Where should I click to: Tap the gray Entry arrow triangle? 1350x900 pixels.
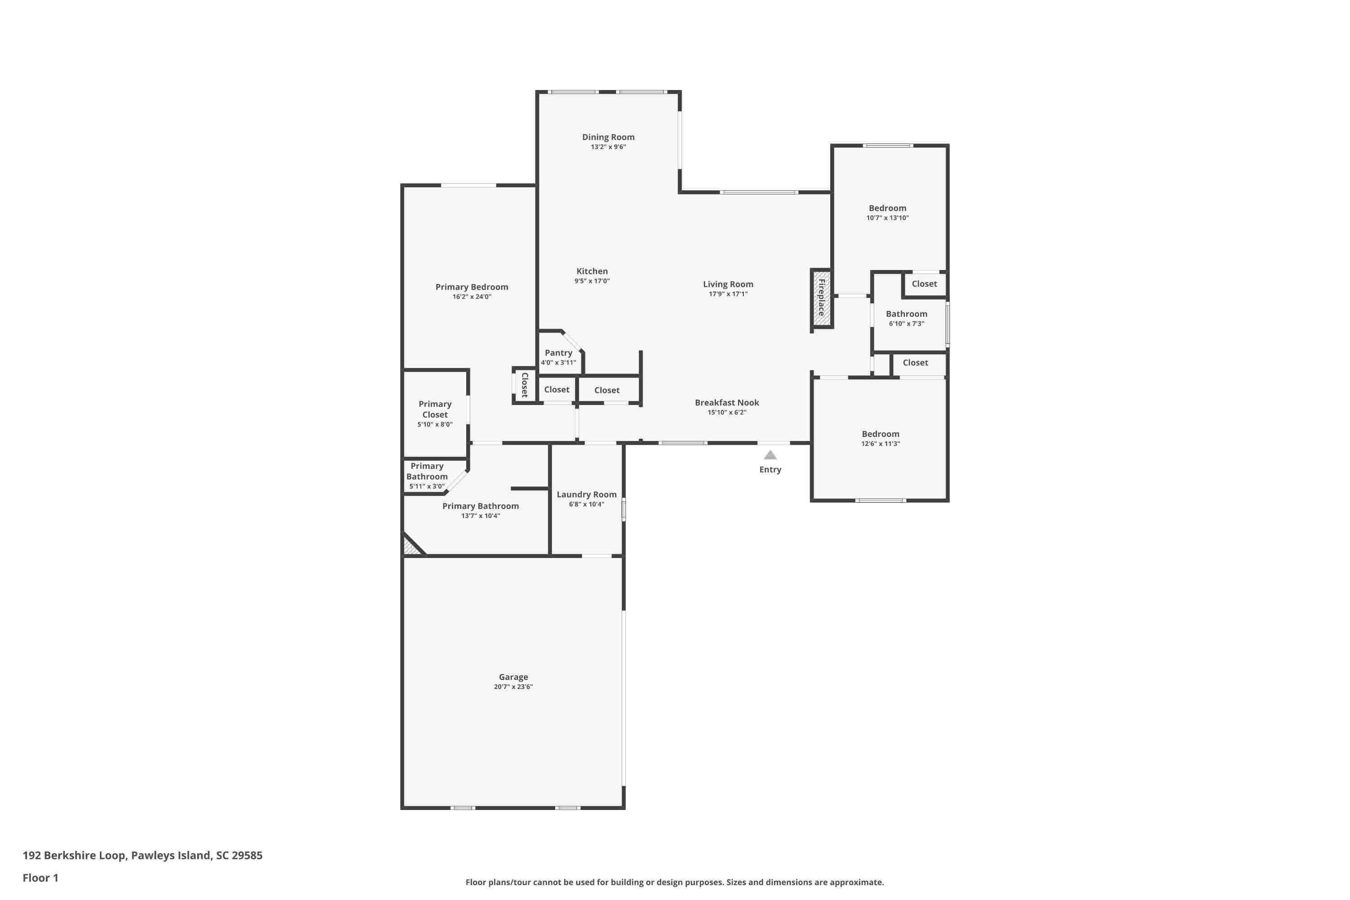(770, 454)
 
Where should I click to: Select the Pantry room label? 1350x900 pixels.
(558, 352)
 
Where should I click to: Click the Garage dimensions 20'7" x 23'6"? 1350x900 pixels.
(513, 687)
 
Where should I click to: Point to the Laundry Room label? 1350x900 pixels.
(587, 494)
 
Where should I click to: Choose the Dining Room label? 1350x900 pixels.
(608, 137)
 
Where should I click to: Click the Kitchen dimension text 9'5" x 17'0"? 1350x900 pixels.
(592, 281)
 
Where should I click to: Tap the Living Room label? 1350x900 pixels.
(728, 284)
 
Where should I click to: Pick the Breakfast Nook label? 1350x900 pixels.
(727, 402)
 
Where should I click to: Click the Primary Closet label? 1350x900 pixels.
(435, 409)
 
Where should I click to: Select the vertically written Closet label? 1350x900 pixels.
(525, 385)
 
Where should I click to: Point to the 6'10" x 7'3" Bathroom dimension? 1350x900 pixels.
(906, 324)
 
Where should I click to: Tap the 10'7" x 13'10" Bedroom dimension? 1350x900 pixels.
(887, 217)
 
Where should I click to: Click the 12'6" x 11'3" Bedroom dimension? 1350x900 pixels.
(881, 444)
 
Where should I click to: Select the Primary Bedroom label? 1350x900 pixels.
(472, 287)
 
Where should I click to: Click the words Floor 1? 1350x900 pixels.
(40, 877)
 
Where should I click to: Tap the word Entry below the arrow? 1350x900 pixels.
(770, 469)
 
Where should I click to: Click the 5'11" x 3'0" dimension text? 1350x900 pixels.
(427, 486)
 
